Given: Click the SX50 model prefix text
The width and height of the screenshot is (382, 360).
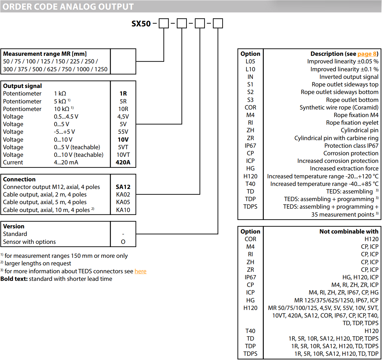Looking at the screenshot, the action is [141, 24].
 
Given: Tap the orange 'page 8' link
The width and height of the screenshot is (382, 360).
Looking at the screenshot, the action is [367, 54].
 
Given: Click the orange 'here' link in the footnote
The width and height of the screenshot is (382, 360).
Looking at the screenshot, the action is [140, 271].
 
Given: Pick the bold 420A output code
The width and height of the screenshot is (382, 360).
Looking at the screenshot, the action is [123, 162].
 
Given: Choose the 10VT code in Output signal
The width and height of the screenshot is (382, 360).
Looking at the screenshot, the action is [123, 155].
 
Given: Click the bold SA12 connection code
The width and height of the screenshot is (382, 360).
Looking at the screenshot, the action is [123, 187].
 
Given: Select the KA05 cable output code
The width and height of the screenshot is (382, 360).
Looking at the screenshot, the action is [123, 202].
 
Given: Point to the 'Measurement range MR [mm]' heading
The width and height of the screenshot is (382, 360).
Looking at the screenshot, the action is [45, 54].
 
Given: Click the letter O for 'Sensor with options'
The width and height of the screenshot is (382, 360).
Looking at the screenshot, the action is [123, 242].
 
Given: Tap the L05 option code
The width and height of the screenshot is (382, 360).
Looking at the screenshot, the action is [250, 61].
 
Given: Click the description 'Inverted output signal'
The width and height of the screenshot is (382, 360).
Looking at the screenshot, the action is [349, 77].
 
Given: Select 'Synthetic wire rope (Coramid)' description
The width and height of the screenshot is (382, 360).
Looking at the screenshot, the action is [339, 107].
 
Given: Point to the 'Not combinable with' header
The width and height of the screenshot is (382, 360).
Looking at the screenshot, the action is [349, 231].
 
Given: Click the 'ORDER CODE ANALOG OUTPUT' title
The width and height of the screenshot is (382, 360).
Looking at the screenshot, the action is [68, 7].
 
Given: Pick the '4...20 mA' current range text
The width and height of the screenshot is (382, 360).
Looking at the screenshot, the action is [66, 162].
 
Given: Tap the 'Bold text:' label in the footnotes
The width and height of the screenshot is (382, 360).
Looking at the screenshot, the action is [14, 279].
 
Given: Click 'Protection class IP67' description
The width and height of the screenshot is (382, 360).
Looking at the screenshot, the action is [351, 146].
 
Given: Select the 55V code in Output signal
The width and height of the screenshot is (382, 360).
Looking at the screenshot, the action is [123, 132].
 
